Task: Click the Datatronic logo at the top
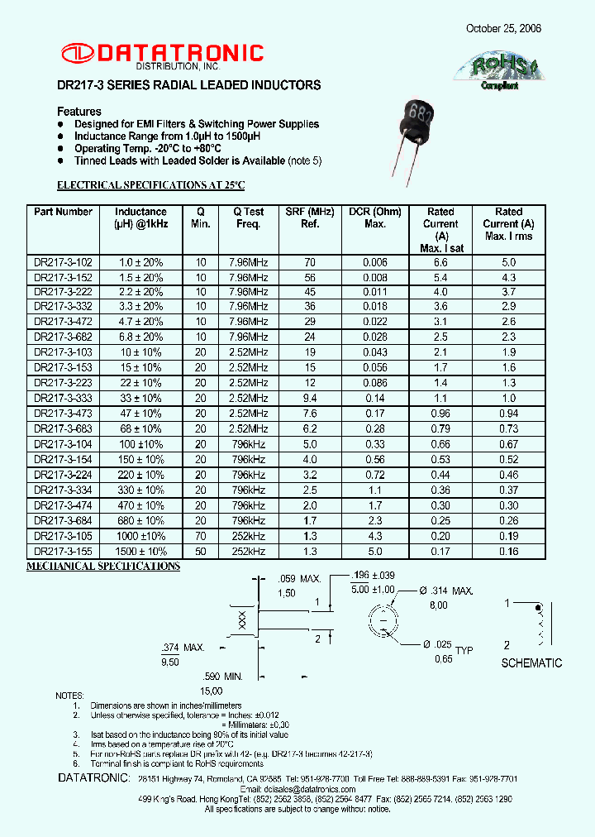[161, 55]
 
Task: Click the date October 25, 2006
[503, 28]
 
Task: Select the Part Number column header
[63, 212]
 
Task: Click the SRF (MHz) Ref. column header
[310, 218]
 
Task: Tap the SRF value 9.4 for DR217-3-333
[310, 398]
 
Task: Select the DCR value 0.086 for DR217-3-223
[374, 383]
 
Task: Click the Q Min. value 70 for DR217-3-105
[200, 536]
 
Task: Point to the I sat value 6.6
[440, 263]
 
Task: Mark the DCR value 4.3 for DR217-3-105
[374, 536]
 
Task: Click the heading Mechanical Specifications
[103, 567]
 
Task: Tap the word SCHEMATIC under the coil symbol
[531, 662]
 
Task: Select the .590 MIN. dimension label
[223, 676]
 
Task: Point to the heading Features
[79, 111]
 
